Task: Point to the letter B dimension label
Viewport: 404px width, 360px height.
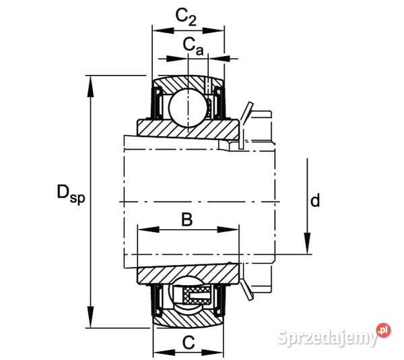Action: (x=187, y=219)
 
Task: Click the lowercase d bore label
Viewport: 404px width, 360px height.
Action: (x=314, y=200)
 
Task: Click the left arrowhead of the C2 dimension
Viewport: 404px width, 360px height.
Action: (x=158, y=30)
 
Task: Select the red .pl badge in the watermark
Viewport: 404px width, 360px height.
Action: (x=383, y=330)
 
